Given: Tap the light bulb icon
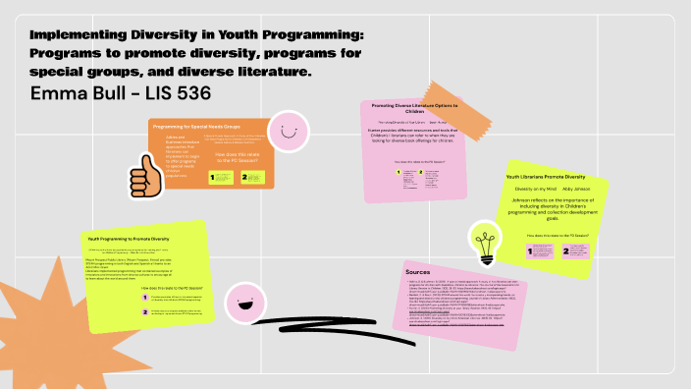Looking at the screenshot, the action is pos(483,241).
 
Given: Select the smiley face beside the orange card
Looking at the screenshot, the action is pos(286,131).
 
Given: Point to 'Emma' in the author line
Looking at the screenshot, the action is pos(64,94).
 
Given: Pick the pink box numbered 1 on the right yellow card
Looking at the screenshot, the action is pos(539,251).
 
